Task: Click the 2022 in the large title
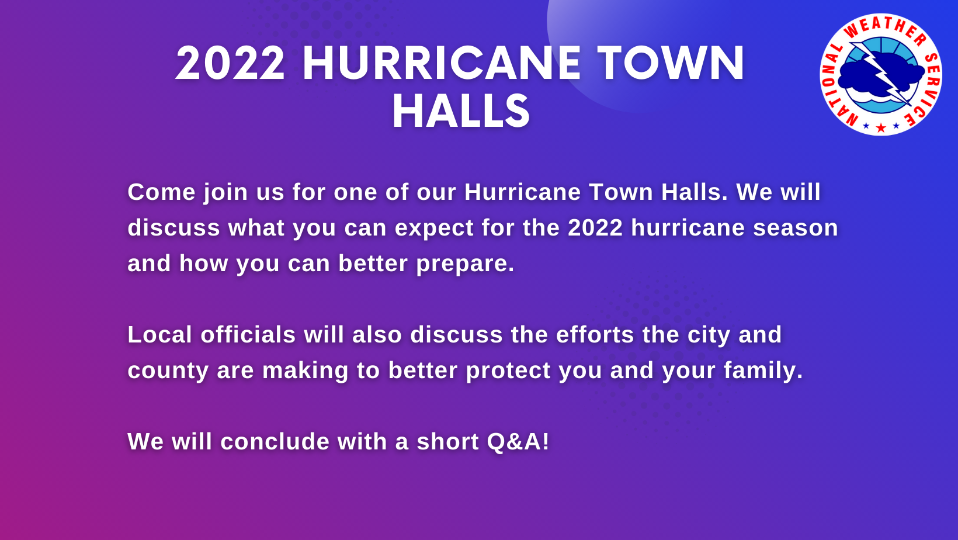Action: click(x=230, y=63)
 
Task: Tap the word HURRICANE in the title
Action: click(x=442, y=63)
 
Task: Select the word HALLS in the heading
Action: click(x=461, y=112)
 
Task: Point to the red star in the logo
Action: click(x=881, y=127)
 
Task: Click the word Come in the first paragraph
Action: click(x=162, y=192)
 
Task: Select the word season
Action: click(x=796, y=228)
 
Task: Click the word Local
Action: click(x=160, y=334)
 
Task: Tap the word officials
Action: click(x=248, y=334)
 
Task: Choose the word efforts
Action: click(x=595, y=334)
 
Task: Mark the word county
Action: click(x=168, y=371)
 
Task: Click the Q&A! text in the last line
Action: click(x=518, y=442)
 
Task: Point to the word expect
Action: click(x=434, y=229)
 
